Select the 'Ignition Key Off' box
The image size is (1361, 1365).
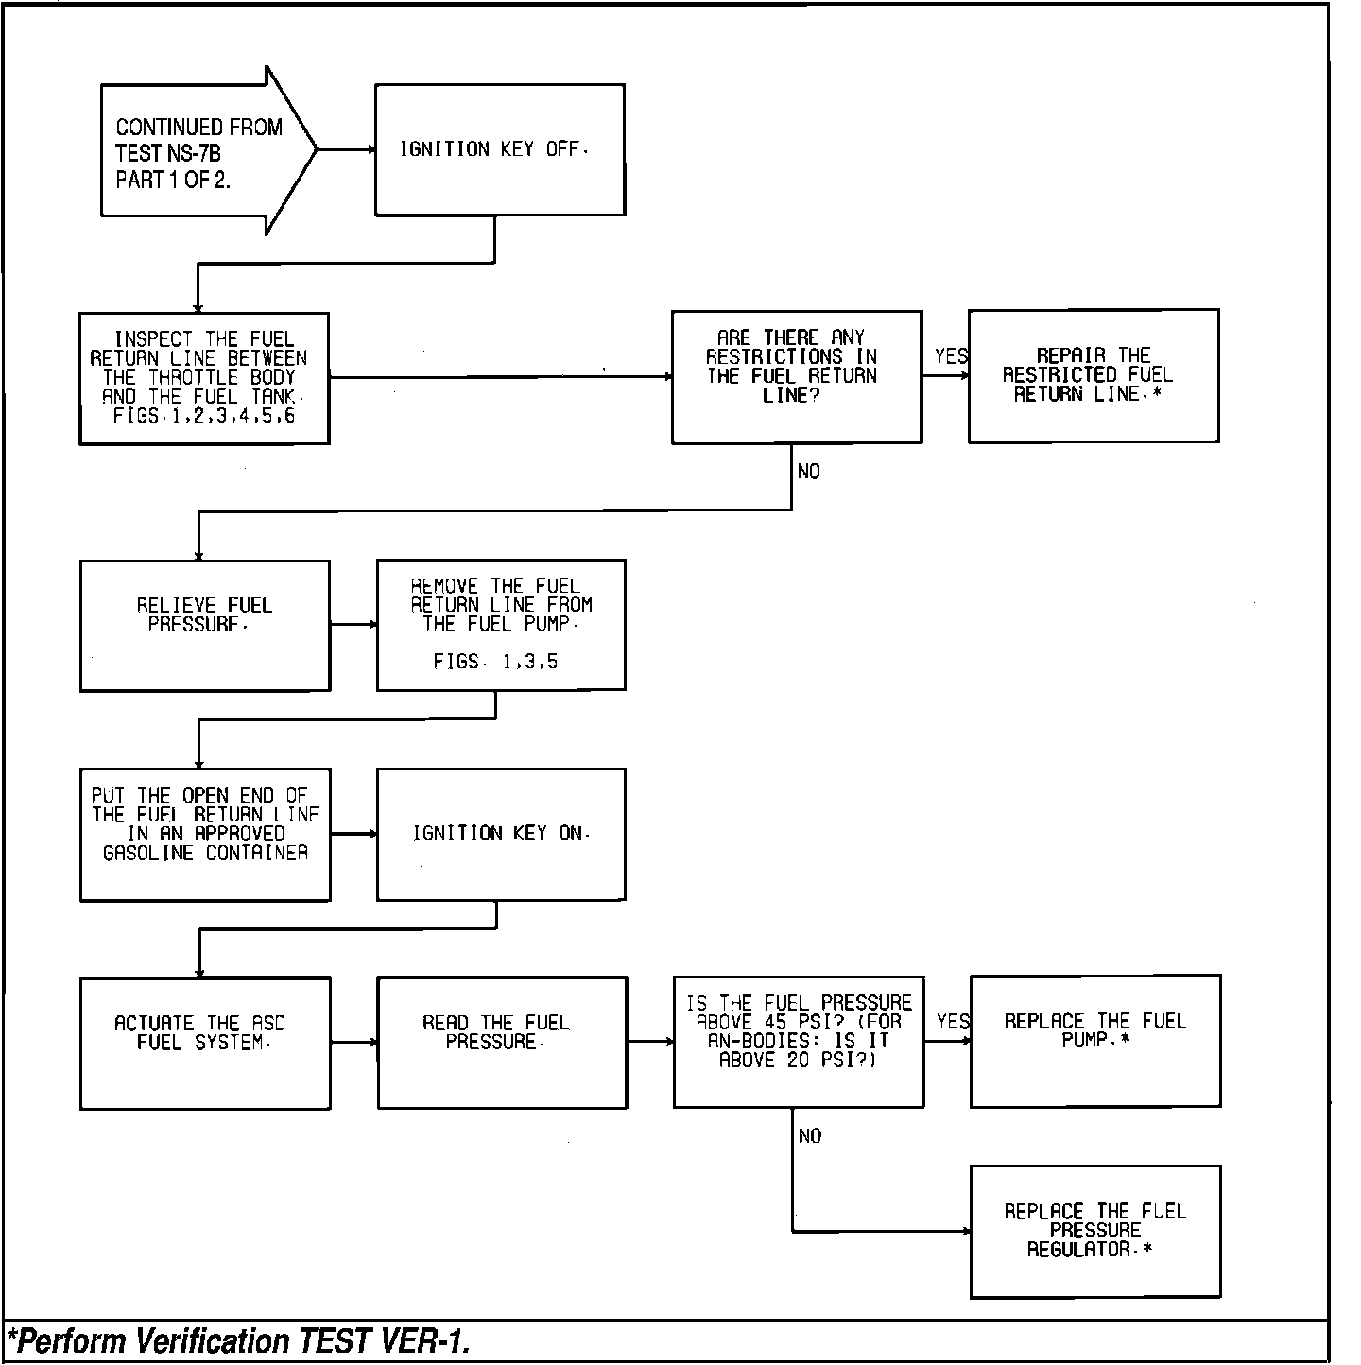coord(499,149)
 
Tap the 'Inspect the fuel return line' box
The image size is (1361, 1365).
coord(204,378)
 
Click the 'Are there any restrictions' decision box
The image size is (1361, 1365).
coord(796,376)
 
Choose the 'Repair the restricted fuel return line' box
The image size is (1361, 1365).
coord(1093,375)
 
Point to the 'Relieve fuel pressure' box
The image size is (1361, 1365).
coord(205,625)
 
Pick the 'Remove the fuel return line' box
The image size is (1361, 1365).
coord(501,624)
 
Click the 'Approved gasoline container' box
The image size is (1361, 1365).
coord(205,834)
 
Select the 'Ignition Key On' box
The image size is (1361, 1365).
coord(501,834)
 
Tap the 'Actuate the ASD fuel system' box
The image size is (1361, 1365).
coord(205,1042)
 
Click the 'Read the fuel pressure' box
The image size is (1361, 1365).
coord(502,1042)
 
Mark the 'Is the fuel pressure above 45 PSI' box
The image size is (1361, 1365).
coord(798,1041)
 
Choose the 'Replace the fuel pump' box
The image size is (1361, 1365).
coord(1094,1040)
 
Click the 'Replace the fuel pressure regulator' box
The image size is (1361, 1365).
coord(1094,1231)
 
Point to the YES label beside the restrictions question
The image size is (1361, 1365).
coord(951,356)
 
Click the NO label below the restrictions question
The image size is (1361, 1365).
coord(809,472)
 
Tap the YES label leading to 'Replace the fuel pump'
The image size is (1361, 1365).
coord(953,1022)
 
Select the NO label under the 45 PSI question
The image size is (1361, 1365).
coord(810,1136)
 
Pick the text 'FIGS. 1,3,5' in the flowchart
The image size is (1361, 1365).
coord(496,663)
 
